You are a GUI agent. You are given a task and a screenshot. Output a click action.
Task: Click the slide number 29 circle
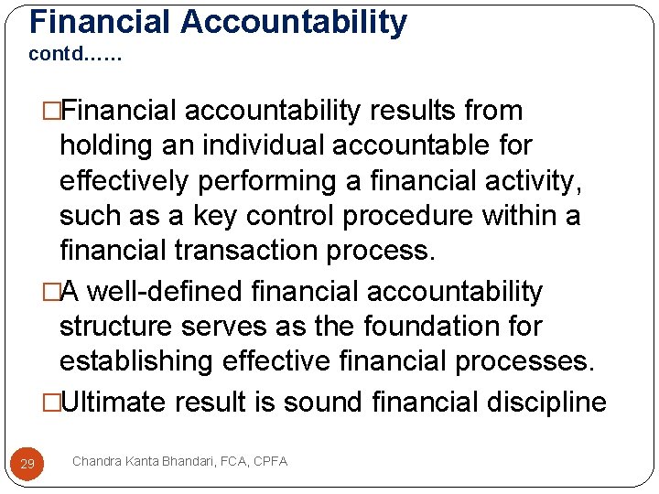click(x=27, y=464)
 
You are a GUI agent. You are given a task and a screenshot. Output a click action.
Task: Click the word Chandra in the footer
click(x=97, y=461)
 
